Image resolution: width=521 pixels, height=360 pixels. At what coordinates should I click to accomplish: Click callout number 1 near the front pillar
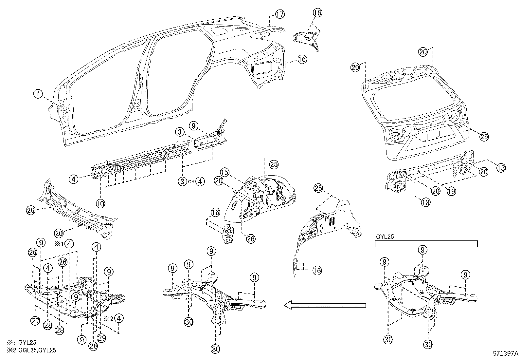(38, 94)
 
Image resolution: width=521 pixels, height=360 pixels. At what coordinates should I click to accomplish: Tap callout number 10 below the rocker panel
(100, 203)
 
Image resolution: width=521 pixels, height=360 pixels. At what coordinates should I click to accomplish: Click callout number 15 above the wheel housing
(224, 172)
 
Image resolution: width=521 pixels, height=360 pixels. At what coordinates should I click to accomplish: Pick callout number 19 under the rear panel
(451, 191)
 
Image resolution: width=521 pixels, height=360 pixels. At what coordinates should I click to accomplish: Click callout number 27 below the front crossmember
(35, 321)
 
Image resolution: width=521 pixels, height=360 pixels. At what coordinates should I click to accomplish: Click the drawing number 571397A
(506, 354)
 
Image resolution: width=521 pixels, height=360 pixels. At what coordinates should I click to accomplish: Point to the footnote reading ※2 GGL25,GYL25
(31, 350)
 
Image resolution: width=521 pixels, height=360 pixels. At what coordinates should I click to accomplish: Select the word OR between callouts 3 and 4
(191, 181)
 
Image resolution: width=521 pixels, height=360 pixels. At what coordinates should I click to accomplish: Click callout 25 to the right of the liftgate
(484, 137)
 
